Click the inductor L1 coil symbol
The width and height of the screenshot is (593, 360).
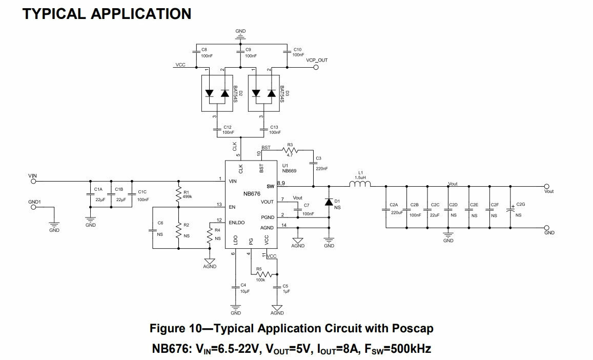(360, 184)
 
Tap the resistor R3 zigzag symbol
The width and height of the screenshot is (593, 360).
(291, 150)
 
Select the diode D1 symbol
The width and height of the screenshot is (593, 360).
(329, 203)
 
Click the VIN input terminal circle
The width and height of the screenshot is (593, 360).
(33, 182)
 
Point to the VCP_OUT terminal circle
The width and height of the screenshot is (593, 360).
(316, 67)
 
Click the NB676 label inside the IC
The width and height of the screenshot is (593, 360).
(252, 194)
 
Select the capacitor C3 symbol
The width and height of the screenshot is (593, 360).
(314, 163)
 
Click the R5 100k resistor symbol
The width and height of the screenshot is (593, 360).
(263, 274)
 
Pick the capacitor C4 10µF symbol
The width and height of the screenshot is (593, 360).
(236, 288)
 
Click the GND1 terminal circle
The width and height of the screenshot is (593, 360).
(33, 207)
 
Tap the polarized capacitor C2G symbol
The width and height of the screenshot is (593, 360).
(510, 210)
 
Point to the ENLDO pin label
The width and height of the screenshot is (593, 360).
(237, 223)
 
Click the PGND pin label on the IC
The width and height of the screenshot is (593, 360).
(268, 217)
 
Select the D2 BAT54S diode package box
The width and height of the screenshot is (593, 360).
(217, 93)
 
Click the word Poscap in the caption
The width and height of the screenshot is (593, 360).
(413, 329)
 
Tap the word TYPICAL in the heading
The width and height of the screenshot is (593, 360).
(54, 14)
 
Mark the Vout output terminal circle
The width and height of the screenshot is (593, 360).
(546, 186)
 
